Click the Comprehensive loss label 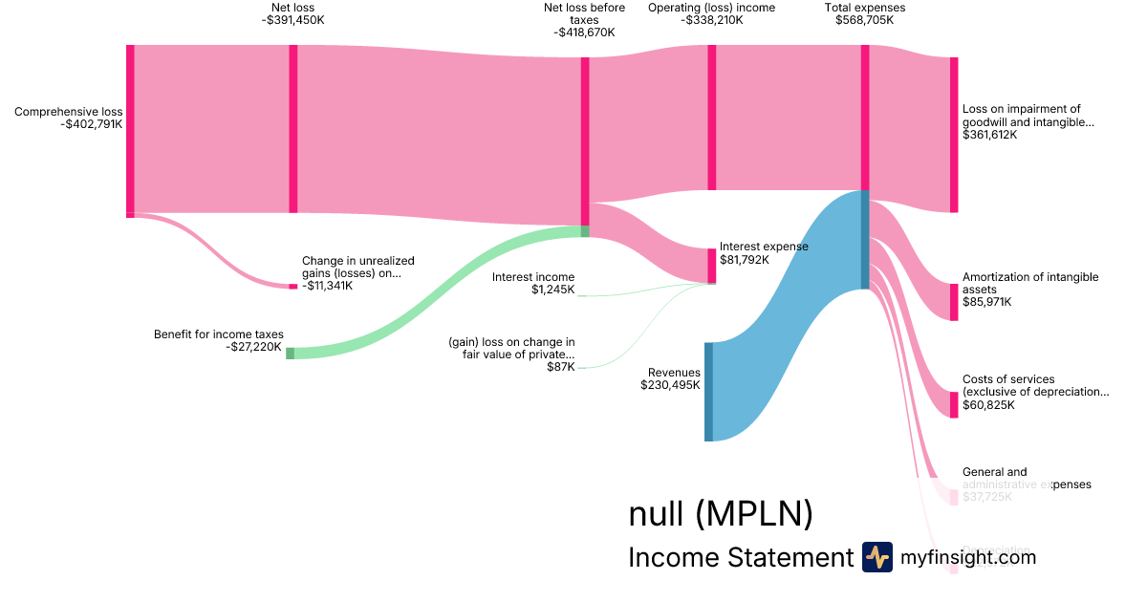point(68,112)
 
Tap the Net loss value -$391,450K point(292,20)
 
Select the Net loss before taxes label point(584,13)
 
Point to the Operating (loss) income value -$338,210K point(711,20)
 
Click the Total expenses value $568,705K point(865,20)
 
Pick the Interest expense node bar point(711,266)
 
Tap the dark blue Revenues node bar point(708,392)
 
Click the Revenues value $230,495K point(670,385)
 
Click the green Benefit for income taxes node point(291,353)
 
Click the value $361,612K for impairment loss point(990,135)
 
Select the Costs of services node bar point(953,404)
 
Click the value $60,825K point(988,405)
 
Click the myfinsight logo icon point(876,557)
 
